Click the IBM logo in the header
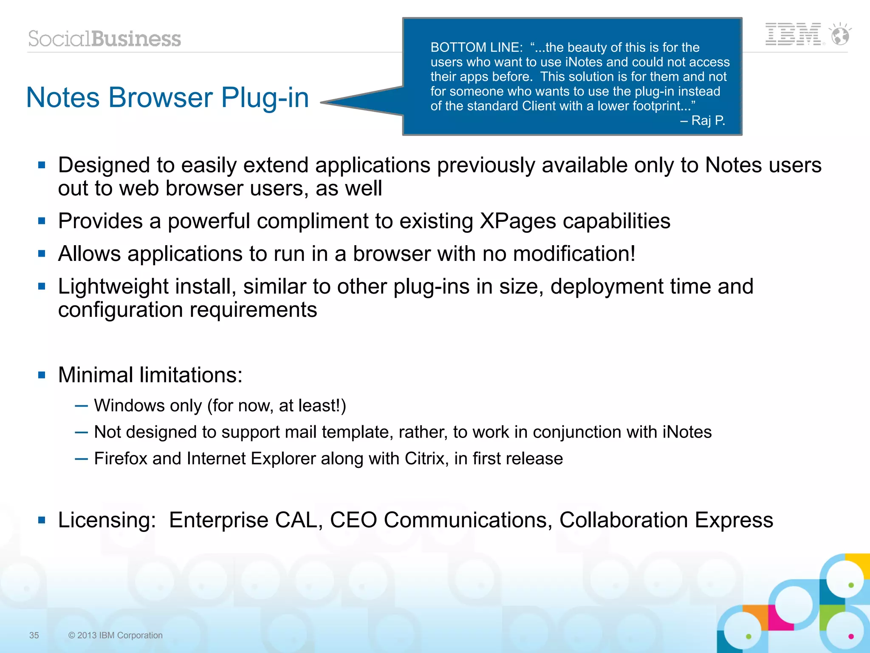[793, 34]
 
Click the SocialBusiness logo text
[105, 39]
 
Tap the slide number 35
[34, 635]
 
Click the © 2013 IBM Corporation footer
[115, 635]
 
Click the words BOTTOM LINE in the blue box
[476, 48]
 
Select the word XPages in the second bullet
[517, 221]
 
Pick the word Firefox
[121, 459]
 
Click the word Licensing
[107, 520]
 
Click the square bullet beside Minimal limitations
[42, 375]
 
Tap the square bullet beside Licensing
[42, 520]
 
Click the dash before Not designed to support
[81, 433]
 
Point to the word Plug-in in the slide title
[265, 98]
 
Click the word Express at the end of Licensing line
[734, 520]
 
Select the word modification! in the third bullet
[574, 254]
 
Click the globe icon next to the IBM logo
[840, 34]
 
